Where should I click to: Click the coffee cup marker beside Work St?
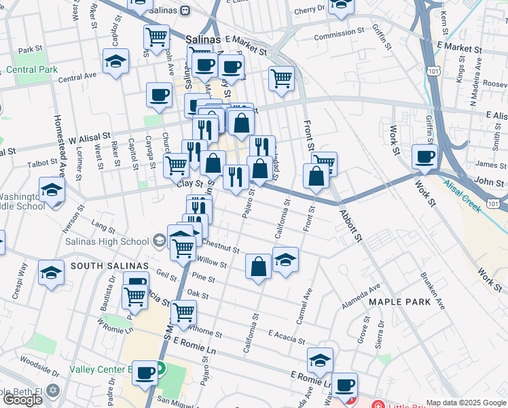(425, 156)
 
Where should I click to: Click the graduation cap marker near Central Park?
(116, 61)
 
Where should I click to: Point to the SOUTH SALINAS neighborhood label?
(99, 265)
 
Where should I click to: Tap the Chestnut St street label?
(217, 248)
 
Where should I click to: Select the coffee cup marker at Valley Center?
(145, 373)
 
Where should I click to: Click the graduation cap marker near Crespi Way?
(51, 273)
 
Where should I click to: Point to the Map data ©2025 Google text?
(466, 403)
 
